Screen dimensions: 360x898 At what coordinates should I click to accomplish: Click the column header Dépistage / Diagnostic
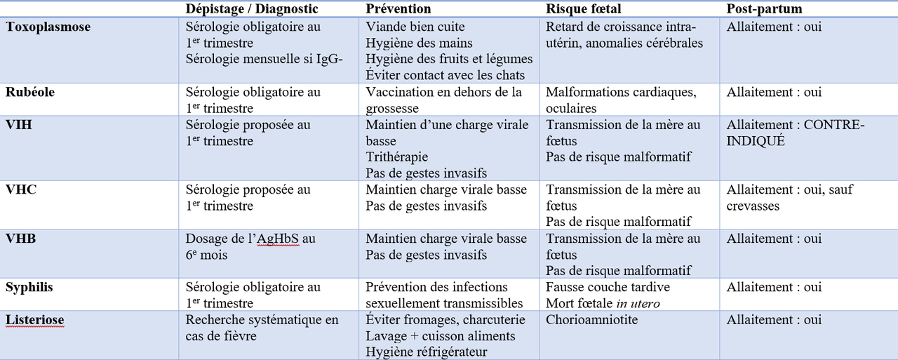(251, 8)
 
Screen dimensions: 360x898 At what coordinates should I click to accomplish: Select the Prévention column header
(398, 8)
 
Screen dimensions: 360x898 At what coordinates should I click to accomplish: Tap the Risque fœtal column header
(582, 8)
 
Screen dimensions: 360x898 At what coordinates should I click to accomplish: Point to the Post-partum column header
(764, 8)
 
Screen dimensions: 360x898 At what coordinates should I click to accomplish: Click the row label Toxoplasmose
(48, 27)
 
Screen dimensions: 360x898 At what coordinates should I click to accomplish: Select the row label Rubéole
(30, 93)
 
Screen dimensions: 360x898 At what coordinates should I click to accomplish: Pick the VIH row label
(18, 125)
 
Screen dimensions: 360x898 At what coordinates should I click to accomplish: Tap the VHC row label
(21, 189)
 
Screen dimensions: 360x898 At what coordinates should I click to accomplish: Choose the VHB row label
(21, 239)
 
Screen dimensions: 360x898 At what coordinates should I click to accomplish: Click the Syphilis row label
(29, 287)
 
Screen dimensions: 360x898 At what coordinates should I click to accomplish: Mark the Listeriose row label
(35, 320)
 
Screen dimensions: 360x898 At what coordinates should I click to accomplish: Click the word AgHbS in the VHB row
(278, 239)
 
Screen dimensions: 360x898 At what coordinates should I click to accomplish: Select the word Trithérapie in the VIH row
(396, 157)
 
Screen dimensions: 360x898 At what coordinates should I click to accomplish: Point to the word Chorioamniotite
(591, 320)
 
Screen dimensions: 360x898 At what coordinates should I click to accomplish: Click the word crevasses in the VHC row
(753, 206)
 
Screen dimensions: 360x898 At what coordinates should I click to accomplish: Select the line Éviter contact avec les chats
(445, 75)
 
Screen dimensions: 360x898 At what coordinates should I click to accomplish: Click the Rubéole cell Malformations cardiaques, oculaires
(620, 100)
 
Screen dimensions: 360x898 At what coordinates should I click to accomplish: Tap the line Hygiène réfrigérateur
(427, 352)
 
